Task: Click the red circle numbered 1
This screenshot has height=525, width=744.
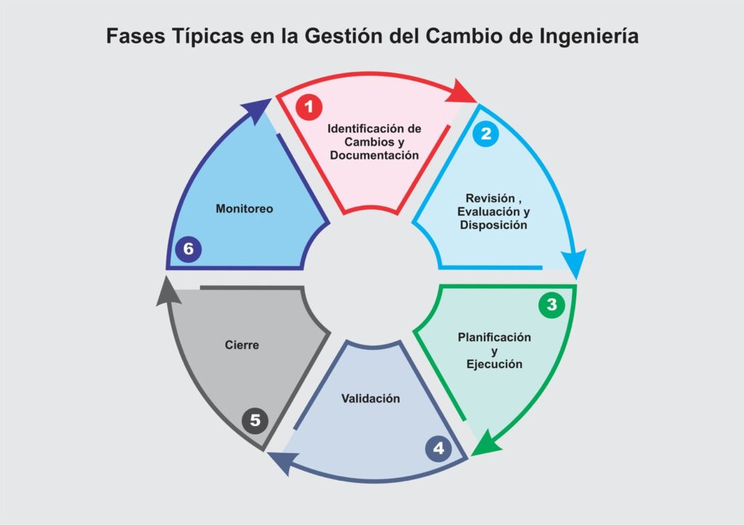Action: (x=309, y=107)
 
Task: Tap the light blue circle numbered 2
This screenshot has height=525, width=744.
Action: (x=485, y=134)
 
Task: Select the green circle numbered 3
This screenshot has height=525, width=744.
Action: (x=551, y=305)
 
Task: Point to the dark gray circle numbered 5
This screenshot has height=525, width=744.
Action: (x=255, y=420)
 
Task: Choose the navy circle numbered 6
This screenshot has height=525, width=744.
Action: (x=188, y=249)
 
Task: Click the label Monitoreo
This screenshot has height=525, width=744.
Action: (x=244, y=208)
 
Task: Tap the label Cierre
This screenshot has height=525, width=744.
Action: (x=242, y=345)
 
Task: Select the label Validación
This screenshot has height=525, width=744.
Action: (x=371, y=399)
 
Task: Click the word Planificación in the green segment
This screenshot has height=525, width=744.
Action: (x=494, y=338)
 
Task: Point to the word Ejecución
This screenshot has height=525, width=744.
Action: (x=494, y=364)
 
